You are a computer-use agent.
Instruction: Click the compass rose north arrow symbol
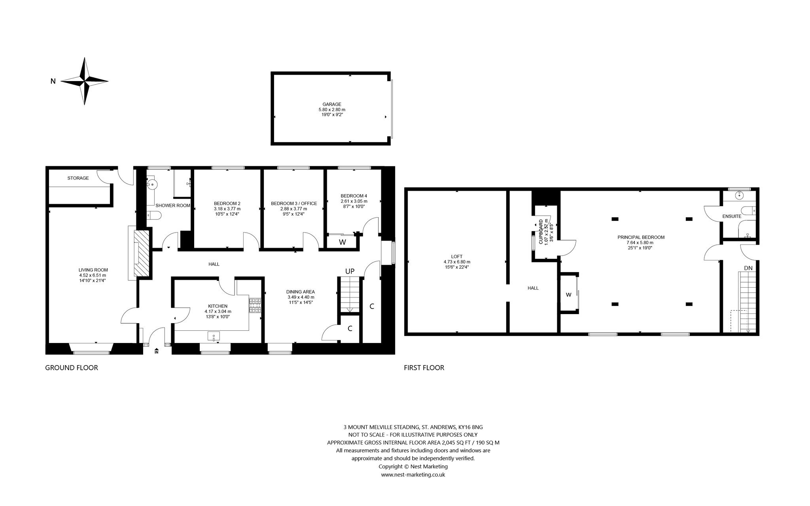pos(84,81)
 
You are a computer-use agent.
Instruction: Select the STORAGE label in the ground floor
pos(78,178)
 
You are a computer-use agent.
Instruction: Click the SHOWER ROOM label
pos(173,205)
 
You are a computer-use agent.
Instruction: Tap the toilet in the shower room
pos(154,215)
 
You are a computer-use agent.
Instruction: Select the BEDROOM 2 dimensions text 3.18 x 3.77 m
pos(227,209)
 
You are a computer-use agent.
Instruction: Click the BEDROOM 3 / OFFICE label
pos(294,203)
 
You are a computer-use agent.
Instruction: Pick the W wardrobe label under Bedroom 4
pos(343,242)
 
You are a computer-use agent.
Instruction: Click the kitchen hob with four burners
pos(255,305)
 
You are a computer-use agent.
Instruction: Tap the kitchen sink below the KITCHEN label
pos(214,336)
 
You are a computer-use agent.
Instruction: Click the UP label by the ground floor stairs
pos(350,271)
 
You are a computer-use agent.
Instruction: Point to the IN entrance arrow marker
pos(157,351)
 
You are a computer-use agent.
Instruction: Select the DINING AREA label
pos(301,292)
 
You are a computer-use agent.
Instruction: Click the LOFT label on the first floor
pos(457,256)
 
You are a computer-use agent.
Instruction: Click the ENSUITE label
pos(732,216)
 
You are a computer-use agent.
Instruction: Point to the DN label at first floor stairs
pos(748,268)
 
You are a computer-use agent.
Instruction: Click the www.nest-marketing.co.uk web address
pos(413,474)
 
